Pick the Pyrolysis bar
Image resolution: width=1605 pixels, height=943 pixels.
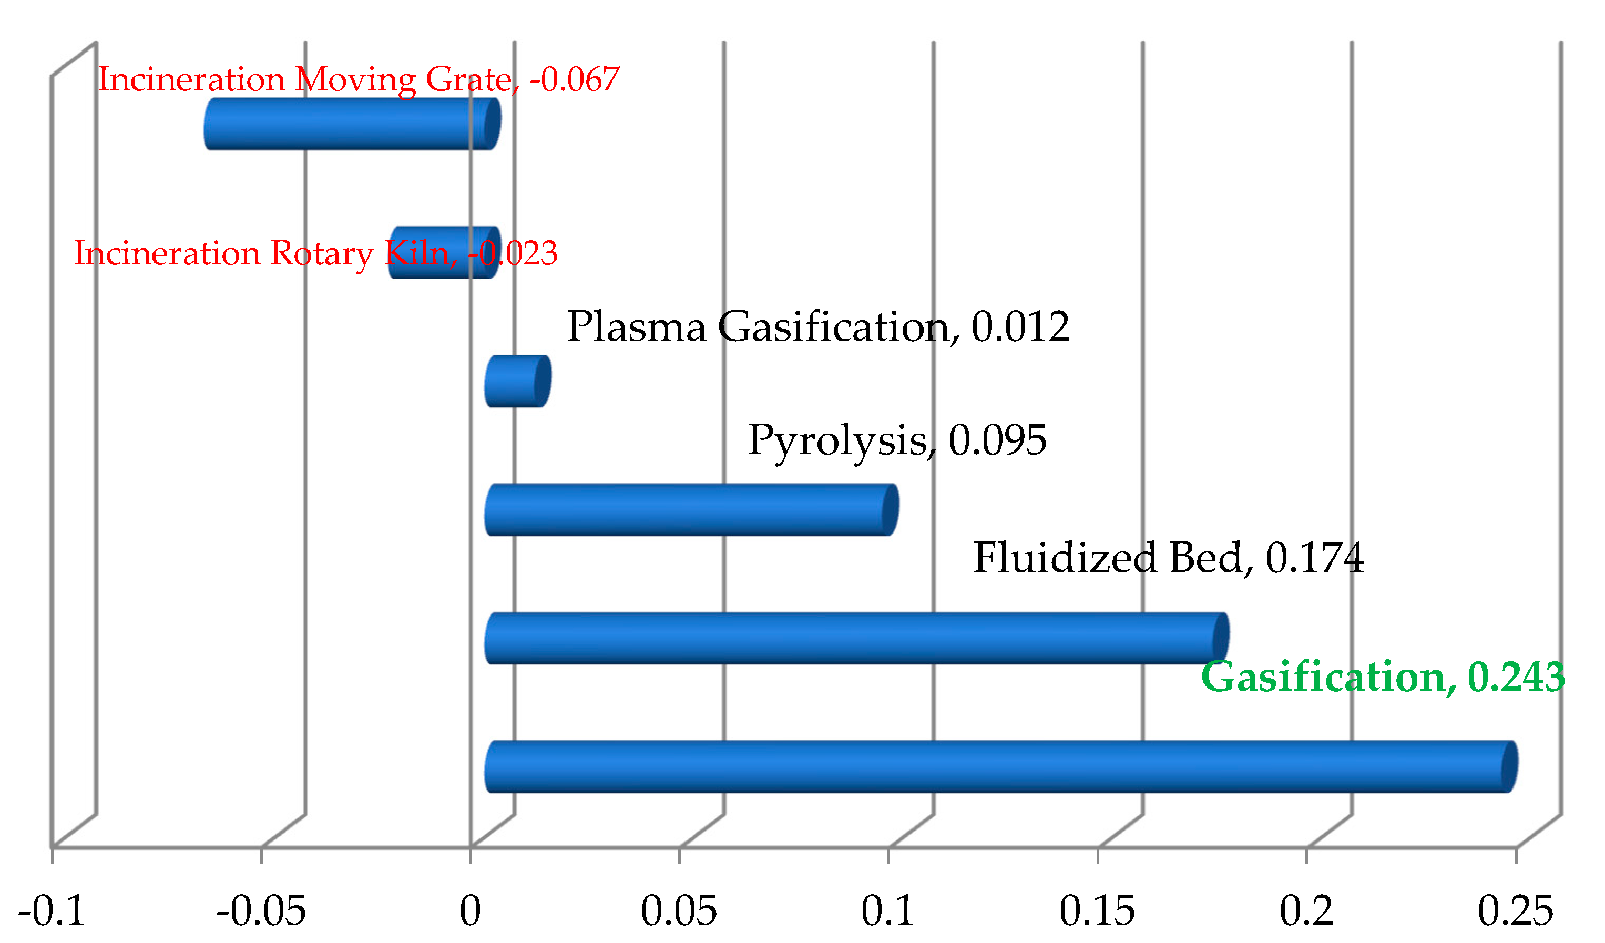(691, 510)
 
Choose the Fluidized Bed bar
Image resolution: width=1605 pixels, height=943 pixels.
(856, 639)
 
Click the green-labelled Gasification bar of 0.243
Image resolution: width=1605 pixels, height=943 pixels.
(1000, 767)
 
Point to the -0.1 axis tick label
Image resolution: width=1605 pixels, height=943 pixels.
(52, 911)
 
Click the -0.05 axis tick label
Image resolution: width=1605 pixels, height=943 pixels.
(261, 911)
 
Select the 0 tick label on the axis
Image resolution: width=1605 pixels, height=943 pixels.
(470, 911)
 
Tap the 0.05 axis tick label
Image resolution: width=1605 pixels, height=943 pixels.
(679, 911)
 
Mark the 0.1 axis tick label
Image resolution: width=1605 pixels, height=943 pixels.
(888, 911)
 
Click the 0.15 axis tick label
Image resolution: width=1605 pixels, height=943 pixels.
(1097, 911)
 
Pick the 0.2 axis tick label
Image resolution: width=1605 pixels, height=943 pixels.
(1306, 911)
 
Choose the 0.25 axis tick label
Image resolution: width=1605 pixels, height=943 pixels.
(1516, 911)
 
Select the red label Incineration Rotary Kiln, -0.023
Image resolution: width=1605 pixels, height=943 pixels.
(316, 253)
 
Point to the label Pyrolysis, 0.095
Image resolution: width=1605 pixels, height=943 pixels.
(897, 440)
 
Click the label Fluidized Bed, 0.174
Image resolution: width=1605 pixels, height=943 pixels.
(1168, 558)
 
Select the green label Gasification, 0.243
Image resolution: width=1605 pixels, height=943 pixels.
(1382, 678)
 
